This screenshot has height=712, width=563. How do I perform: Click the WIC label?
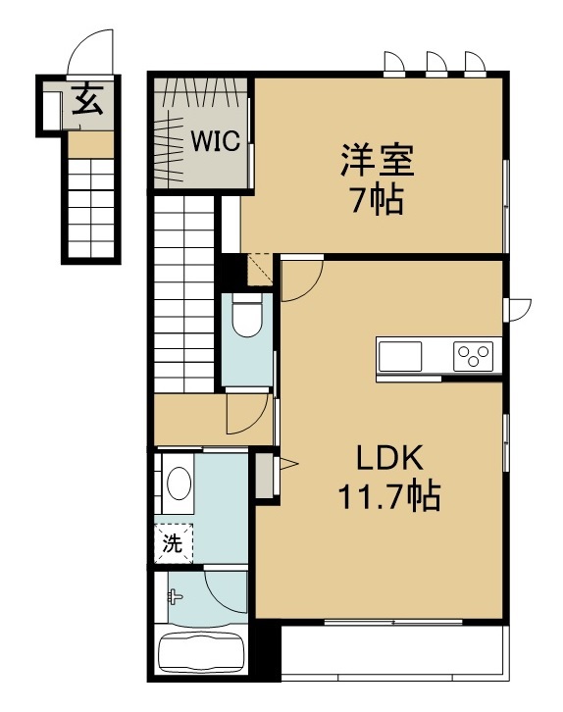[215, 141]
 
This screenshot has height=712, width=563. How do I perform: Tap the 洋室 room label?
[378, 160]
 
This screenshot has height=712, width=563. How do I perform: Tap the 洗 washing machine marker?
[173, 543]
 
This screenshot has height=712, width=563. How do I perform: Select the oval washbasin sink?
[179, 483]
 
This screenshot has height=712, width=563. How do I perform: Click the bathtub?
[202, 654]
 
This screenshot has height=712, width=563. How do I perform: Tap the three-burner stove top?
[473, 356]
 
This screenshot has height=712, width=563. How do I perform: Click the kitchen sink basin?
[400, 356]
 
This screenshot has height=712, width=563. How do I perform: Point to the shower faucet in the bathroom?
[175, 596]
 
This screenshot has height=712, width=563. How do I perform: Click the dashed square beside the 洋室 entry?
[260, 270]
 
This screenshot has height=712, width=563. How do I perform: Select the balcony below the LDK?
[392, 651]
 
